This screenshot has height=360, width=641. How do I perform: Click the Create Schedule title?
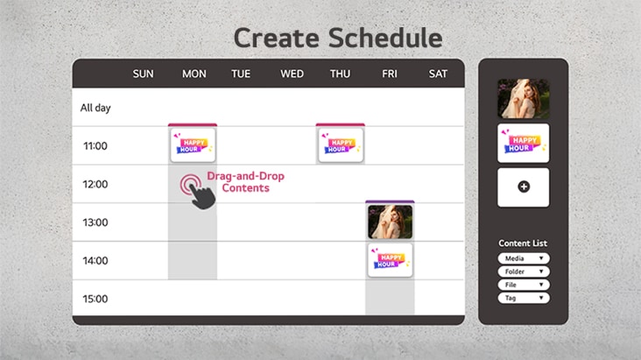click(337, 38)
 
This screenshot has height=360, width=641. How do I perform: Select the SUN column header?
click(143, 74)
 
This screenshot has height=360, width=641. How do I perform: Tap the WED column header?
click(292, 74)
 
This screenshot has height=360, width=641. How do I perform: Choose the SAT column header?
click(438, 74)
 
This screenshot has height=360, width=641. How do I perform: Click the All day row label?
click(95, 108)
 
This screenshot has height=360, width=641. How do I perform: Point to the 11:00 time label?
click(95, 145)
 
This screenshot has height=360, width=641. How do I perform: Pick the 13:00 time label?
click(95, 222)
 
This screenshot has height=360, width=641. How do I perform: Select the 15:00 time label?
click(95, 299)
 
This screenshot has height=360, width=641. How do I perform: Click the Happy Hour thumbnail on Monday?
click(192, 145)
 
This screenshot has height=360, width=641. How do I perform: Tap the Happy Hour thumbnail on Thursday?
click(340, 145)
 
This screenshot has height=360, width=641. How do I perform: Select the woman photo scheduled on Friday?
click(390, 222)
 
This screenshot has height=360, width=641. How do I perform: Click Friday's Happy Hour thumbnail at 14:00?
click(390, 261)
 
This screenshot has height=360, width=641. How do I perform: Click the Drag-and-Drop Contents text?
click(245, 182)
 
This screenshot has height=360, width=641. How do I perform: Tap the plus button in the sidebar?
click(524, 187)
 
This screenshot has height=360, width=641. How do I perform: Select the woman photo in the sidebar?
click(524, 99)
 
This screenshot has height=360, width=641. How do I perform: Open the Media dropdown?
click(524, 258)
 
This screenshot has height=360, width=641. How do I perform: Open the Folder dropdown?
click(524, 272)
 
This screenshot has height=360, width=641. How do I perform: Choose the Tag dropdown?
click(524, 299)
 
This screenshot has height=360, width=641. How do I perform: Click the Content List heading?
click(523, 243)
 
